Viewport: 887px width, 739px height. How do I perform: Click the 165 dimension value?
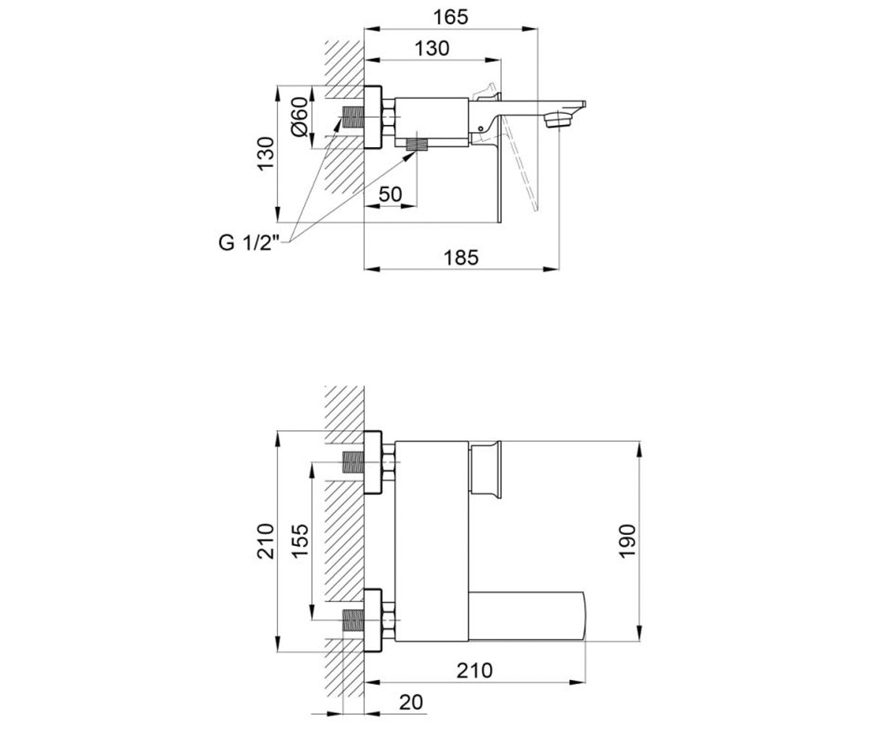[x=450, y=18]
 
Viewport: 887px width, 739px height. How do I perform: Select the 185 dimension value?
[x=461, y=257]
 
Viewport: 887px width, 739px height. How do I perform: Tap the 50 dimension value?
[x=390, y=194]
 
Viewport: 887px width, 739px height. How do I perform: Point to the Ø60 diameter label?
[x=299, y=116]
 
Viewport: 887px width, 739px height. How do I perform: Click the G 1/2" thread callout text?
[x=249, y=243]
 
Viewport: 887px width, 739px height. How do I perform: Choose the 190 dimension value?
[x=627, y=541]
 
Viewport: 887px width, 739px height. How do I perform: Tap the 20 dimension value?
[x=411, y=702]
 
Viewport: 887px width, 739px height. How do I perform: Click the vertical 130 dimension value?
[x=266, y=154]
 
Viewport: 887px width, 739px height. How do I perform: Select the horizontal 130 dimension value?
[x=432, y=49]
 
